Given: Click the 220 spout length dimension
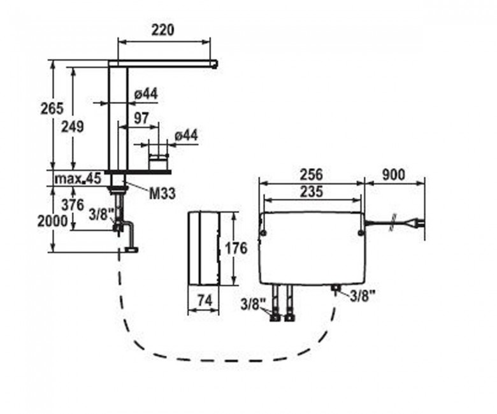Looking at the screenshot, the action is click(x=162, y=30).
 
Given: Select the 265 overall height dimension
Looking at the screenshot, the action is click(x=52, y=109).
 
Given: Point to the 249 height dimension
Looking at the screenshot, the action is click(x=72, y=127).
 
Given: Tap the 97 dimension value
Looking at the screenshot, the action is click(x=141, y=118).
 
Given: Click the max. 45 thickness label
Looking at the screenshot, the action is click(x=78, y=178).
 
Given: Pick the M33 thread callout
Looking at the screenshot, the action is click(x=162, y=194).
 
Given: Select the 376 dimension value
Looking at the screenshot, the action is click(x=73, y=205).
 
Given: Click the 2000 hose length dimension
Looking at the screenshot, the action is click(x=53, y=221).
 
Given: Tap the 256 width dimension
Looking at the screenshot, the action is click(x=311, y=175).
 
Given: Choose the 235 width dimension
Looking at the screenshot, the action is click(x=311, y=192).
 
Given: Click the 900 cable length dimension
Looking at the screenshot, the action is click(x=393, y=175).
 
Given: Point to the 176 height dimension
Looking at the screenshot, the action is click(x=236, y=248).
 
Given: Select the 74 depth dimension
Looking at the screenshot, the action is click(x=205, y=300).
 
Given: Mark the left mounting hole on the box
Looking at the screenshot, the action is click(x=263, y=234).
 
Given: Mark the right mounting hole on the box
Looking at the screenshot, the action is click(x=361, y=234).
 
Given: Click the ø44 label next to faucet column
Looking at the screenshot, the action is click(x=146, y=94).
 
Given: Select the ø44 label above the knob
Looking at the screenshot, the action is click(x=186, y=135).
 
